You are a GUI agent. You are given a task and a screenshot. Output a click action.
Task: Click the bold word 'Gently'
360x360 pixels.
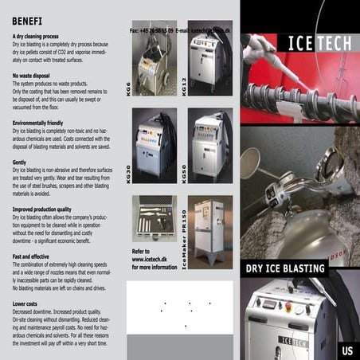point(20,162)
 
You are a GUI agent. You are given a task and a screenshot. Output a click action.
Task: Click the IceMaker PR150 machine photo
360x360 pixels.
point(209,231)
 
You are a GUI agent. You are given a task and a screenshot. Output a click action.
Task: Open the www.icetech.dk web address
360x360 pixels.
point(149,259)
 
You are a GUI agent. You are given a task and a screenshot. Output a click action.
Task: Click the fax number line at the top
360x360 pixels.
point(186,29)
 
